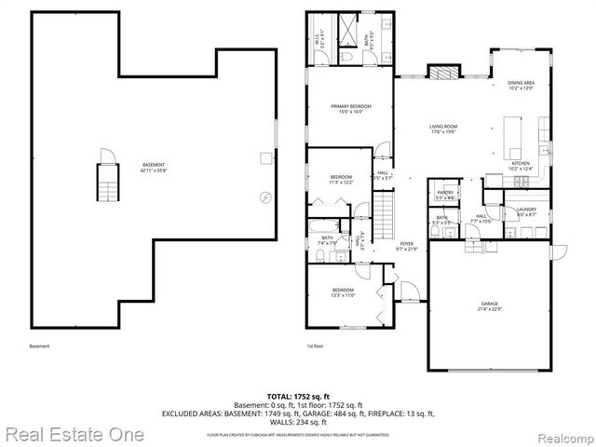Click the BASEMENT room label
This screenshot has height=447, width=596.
[x=154, y=167]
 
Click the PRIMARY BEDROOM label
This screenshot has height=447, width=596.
[x=351, y=109]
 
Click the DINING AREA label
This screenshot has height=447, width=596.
[x=521, y=87]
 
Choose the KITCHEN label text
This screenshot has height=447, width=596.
[x=521, y=166]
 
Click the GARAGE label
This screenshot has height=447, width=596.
[x=490, y=306]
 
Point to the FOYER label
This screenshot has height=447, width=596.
[x=407, y=245]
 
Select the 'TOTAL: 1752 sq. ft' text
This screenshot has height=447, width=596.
[x=297, y=397]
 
